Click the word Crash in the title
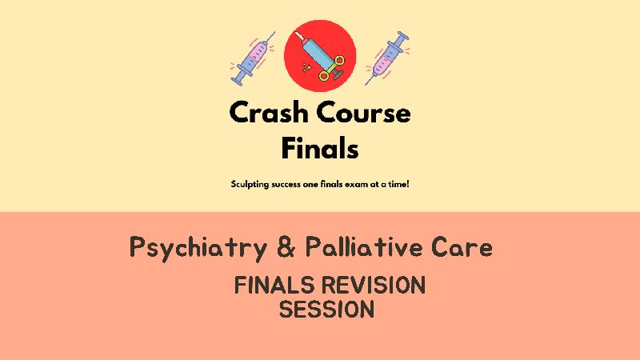pos(268,112)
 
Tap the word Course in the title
pos(363,112)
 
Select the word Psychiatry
pos(198,247)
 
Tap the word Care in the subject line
pos(462,246)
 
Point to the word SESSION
pos(326,309)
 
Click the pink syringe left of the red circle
pos(253,58)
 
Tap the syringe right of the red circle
pos(387,58)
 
